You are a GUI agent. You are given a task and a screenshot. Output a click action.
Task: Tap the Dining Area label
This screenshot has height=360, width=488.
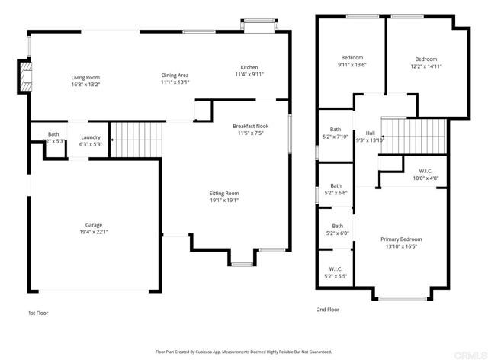click(x=175, y=75)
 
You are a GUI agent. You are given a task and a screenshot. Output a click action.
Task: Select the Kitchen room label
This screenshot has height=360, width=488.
click(x=249, y=67)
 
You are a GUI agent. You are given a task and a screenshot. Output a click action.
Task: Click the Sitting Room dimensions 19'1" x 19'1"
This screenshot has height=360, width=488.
click(x=224, y=201)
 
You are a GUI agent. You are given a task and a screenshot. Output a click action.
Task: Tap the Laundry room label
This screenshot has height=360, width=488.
click(x=91, y=137)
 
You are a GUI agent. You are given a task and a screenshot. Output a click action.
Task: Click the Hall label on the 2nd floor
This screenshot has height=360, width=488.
click(x=371, y=133)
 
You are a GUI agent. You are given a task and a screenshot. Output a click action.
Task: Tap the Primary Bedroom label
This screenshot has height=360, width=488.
click(x=401, y=239)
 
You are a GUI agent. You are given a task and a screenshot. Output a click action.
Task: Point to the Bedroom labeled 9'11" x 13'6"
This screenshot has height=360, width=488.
click(x=352, y=58)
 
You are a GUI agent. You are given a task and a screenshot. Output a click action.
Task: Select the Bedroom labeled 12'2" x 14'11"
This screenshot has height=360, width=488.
click(x=426, y=59)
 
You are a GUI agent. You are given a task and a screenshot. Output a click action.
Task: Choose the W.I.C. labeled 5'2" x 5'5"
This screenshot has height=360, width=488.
click(x=335, y=269)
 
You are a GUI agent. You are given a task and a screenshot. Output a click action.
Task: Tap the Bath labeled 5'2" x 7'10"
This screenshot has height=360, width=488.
click(x=335, y=130)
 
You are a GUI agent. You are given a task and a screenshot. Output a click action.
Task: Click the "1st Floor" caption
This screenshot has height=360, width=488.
click(x=38, y=313)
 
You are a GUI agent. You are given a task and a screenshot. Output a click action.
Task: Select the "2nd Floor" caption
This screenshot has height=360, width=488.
click(x=328, y=310)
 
